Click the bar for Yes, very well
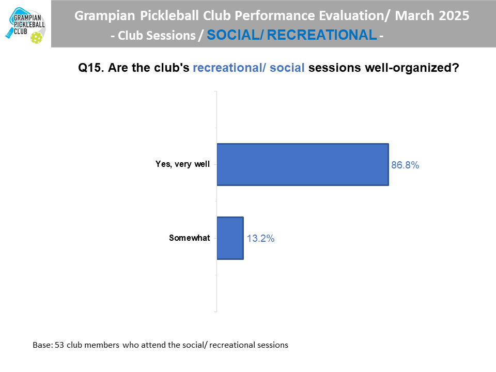(x=303, y=164)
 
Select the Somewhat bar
(x=230, y=238)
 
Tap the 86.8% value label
(x=405, y=165)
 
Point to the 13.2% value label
(x=260, y=238)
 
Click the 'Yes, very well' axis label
(x=182, y=164)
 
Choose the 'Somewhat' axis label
(x=190, y=238)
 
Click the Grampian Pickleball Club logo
(x=26, y=25)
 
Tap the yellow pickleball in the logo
(x=36, y=38)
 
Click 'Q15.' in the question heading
(x=91, y=68)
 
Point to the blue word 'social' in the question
(x=287, y=68)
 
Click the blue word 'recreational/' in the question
(x=229, y=68)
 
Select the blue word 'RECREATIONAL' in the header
(x=322, y=35)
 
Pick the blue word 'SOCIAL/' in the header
(x=235, y=35)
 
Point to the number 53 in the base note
(x=59, y=345)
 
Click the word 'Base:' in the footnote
(x=43, y=345)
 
